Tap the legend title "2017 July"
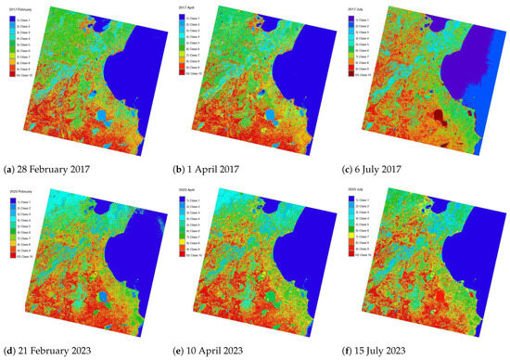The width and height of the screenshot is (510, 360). pyautogui.click(x=359, y=6)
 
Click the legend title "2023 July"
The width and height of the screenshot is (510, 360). pyautogui.click(x=359, y=190)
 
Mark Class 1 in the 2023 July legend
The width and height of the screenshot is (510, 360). pyautogui.click(x=363, y=199)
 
